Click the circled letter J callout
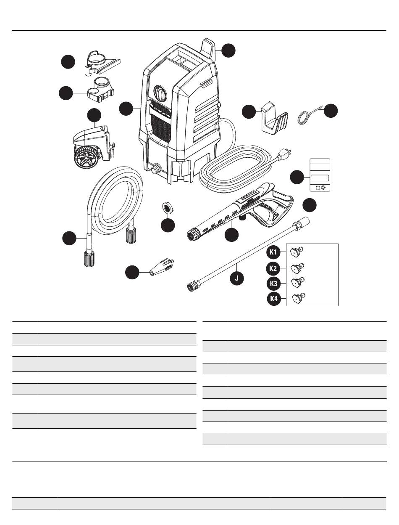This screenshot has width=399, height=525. pos(236,278)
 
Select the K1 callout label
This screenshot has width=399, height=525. pos(274,252)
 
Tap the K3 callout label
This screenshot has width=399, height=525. pos(274,284)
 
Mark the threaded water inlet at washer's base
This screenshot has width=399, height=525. pos(156,170)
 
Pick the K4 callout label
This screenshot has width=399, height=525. pos(274,299)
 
